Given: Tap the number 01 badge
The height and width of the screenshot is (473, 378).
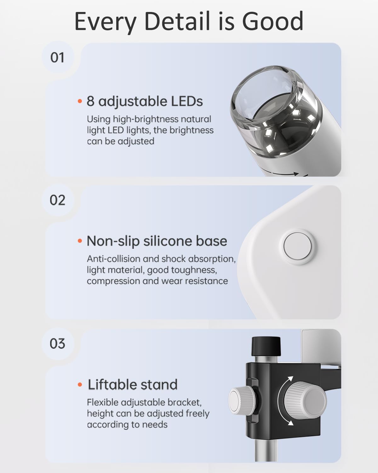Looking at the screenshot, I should (57, 58).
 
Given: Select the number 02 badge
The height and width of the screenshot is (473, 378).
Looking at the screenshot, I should (57, 200).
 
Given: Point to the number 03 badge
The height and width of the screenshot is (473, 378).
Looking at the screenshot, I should (57, 343).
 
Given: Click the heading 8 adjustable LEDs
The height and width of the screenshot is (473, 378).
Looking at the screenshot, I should (145, 101).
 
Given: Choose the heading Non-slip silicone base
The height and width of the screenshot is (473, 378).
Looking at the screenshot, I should (157, 241).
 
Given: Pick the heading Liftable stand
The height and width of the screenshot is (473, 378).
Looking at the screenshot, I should (132, 384).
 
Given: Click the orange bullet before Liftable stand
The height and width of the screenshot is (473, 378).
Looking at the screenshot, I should (80, 385).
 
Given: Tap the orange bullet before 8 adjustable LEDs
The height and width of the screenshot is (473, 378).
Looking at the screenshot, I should (80, 102).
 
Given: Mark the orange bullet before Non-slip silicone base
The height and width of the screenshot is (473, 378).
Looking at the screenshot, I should (80, 241).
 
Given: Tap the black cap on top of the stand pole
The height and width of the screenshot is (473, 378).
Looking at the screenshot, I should (266, 346).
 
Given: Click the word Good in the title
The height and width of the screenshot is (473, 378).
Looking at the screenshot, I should (272, 21).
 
